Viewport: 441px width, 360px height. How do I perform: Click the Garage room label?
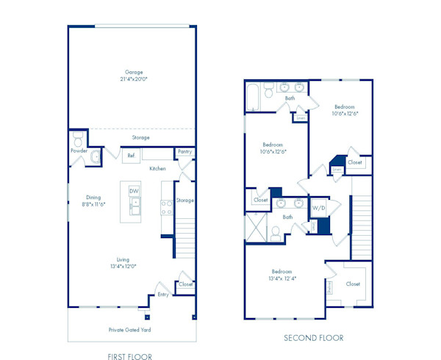(133, 72)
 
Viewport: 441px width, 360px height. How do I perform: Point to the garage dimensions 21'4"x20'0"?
(133, 80)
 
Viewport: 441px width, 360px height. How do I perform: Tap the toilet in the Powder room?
(78, 140)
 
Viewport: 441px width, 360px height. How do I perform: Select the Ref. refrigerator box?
(131, 155)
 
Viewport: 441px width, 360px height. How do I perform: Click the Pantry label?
(184, 152)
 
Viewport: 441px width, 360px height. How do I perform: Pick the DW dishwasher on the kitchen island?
(134, 191)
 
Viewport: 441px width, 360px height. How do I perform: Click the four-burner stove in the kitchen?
(166, 207)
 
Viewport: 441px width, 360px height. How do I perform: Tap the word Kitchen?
(157, 168)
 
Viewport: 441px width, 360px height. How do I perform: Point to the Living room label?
(122, 259)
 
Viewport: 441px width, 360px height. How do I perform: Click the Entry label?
(162, 295)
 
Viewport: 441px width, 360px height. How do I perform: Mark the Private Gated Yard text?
(129, 330)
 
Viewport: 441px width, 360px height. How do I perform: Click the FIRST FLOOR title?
(129, 356)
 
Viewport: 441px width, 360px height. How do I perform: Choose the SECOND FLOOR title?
(314, 338)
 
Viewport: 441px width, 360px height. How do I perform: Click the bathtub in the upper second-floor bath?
(254, 97)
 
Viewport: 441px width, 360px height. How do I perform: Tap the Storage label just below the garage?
(140, 137)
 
